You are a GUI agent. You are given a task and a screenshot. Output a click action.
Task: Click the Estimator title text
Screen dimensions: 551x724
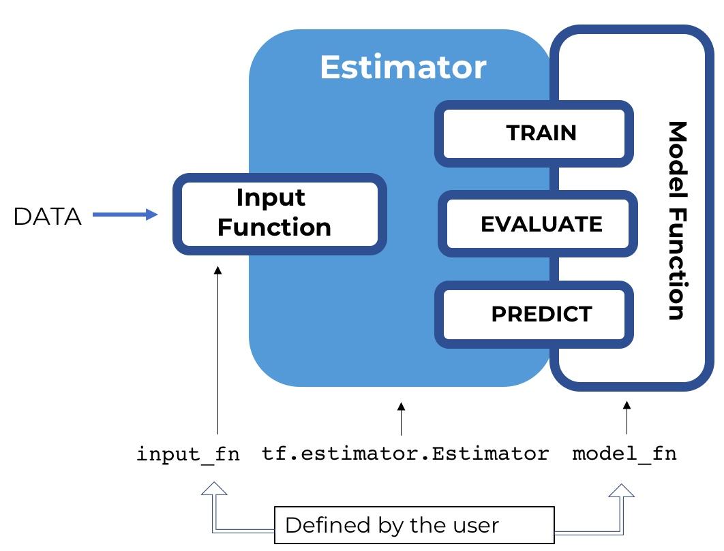coord(402,67)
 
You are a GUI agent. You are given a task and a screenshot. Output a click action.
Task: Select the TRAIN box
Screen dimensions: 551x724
coord(534,133)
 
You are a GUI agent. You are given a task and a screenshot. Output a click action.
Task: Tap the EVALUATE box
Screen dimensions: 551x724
coord(537,224)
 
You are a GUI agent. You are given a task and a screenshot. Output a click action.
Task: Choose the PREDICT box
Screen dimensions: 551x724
coord(534,314)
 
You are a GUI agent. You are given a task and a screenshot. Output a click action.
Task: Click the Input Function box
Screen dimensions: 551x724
coord(280,214)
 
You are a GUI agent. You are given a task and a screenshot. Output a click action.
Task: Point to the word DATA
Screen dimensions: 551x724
coord(47,217)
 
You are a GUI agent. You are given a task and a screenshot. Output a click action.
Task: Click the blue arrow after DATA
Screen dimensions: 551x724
coord(125,215)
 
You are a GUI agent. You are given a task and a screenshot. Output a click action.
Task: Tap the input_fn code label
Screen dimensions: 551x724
coord(188,454)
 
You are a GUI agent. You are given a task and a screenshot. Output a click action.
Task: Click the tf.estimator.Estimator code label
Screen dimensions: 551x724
coord(405,454)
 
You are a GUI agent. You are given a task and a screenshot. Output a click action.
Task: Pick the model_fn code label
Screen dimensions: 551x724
coord(624,454)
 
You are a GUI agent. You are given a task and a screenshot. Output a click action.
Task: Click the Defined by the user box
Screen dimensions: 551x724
coord(414,525)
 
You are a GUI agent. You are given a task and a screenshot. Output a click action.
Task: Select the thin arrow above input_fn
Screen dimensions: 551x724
coord(217,350)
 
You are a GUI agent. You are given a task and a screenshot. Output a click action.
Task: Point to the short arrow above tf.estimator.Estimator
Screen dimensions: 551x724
coord(401,418)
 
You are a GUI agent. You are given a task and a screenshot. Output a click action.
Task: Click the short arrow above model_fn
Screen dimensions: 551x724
coord(627,418)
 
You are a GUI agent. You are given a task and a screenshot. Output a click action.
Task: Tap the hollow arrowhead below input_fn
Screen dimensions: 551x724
coord(214,491)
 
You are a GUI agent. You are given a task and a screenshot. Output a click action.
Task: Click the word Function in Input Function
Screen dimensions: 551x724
coord(274,227)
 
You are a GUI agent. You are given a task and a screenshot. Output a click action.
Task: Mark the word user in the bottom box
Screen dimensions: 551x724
coord(477,525)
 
